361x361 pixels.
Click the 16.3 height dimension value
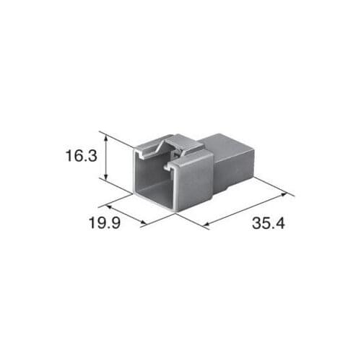pos(81,155)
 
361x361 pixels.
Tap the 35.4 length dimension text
pos(269,223)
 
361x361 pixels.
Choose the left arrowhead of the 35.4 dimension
pos(209,227)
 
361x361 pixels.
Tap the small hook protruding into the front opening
pos(170,168)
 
